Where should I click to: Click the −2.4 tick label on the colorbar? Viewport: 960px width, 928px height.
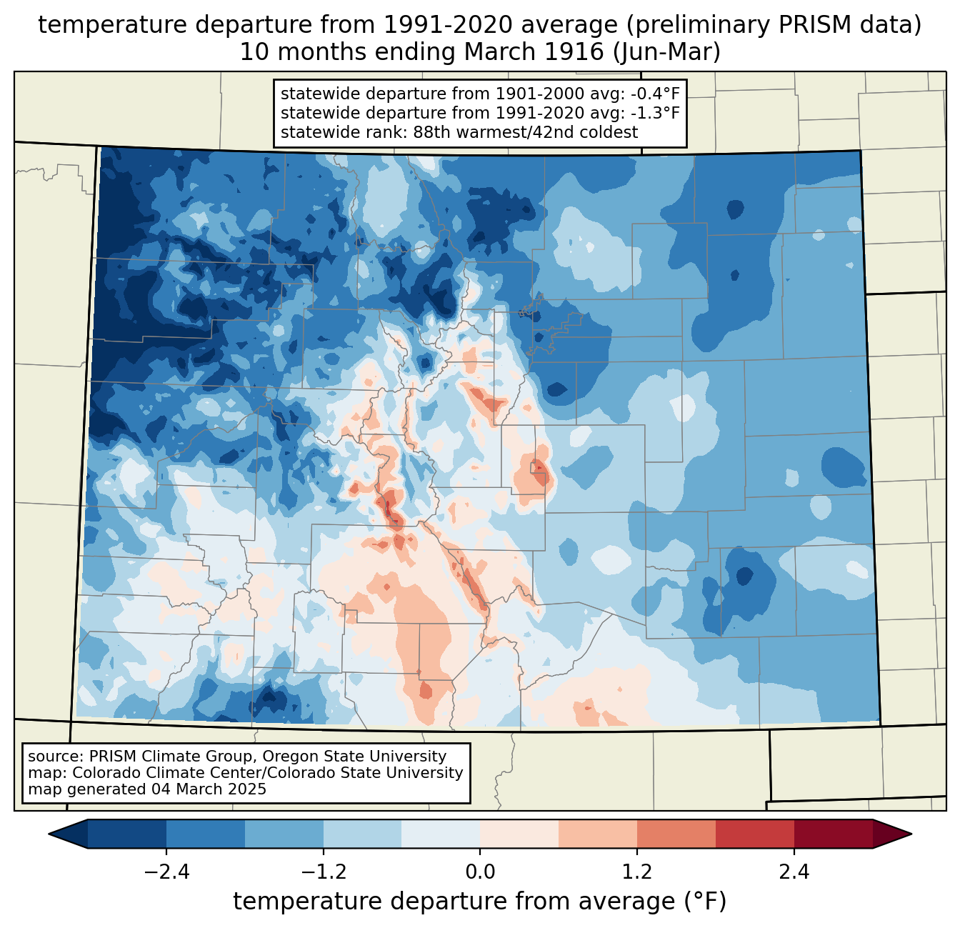pyautogui.click(x=166, y=872)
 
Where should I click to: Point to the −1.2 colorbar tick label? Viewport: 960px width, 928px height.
pyautogui.click(x=324, y=872)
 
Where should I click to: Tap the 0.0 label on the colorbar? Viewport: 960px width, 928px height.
pyautogui.click(x=480, y=872)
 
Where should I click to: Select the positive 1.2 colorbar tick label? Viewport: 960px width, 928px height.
pyautogui.click(x=637, y=872)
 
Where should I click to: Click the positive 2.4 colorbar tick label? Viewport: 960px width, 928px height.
pyautogui.click(x=794, y=872)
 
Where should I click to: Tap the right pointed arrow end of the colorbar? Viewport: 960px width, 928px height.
pyautogui.click(x=892, y=834)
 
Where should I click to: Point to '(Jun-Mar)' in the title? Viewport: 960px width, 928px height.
pyautogui.click(x=666, y=52)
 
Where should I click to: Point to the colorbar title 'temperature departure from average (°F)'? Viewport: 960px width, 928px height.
pyautogui.click(x=480, y=901)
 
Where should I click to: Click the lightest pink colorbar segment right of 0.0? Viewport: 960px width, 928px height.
pyautogui.click(x=519, y=834)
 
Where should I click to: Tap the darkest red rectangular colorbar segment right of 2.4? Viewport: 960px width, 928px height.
pyautogui.click(x=834, y=834)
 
